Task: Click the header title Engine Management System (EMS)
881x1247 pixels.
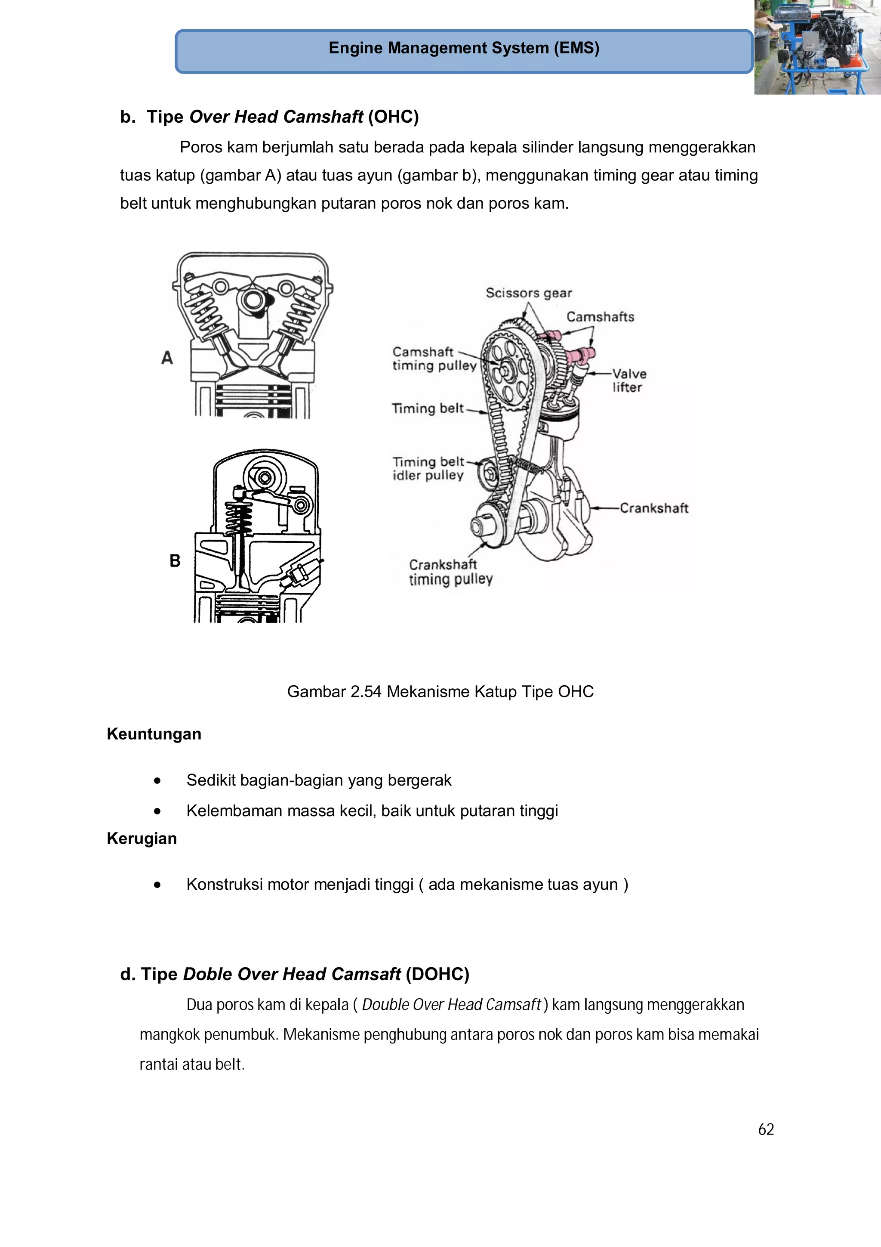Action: [464, 48]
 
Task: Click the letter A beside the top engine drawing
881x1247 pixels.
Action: [167, 358]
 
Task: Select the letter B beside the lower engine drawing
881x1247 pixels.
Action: [175, 560]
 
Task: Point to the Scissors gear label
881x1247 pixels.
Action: [528, 293]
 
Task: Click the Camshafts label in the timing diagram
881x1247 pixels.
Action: [600, 317]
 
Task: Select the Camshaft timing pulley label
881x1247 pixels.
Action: [434, 359]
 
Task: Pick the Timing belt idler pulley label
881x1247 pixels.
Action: [428, 468]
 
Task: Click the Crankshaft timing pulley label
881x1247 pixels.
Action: [450, 572]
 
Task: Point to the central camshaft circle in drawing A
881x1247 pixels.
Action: [253, 300]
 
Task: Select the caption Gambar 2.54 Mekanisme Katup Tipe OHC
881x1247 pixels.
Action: [440, 691]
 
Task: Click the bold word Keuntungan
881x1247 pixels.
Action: [154, 734]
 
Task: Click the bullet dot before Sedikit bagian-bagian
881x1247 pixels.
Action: [157, 780]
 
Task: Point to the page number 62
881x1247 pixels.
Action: [765, 1129]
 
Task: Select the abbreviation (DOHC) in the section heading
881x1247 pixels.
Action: [437, 974]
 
